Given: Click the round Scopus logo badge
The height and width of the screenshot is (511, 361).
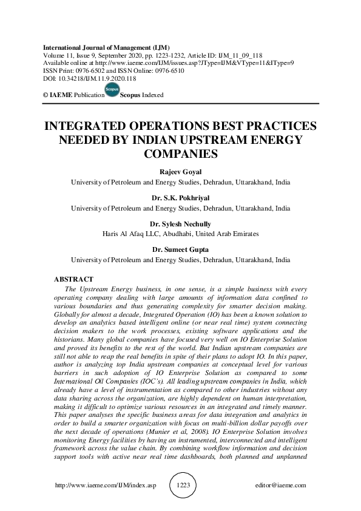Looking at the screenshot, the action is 111,92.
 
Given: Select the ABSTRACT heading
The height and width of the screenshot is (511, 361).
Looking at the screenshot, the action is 73,279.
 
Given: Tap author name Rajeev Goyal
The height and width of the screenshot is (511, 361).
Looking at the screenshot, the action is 180,172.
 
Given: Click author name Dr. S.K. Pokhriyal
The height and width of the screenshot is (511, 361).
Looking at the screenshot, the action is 180,198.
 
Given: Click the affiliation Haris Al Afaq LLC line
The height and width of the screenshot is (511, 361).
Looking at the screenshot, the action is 180,234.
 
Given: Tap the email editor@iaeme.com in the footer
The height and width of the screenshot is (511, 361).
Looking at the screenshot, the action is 282,486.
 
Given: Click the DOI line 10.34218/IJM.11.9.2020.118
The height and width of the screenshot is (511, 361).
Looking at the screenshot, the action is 87,79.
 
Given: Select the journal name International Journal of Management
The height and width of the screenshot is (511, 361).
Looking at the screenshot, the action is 106,47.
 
